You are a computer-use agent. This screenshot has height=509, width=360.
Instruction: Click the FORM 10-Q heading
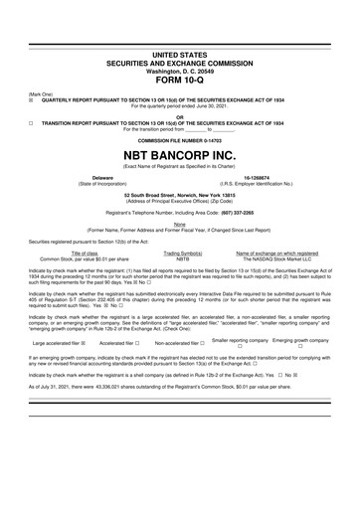(x=180, y=82)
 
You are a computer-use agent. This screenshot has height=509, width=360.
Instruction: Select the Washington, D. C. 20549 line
(x=180, y=72)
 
